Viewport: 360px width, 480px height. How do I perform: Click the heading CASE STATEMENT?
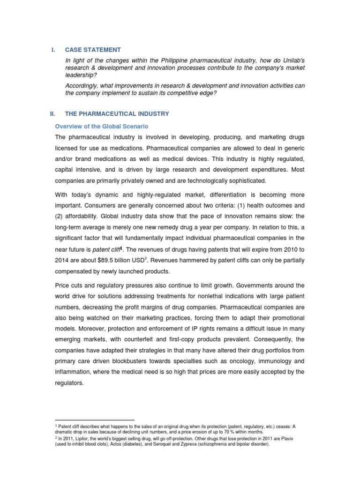point(93,50)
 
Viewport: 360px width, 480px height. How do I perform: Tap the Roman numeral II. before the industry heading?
point(52,114)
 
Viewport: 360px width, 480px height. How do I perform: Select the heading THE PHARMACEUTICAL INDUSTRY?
point(117,114)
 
